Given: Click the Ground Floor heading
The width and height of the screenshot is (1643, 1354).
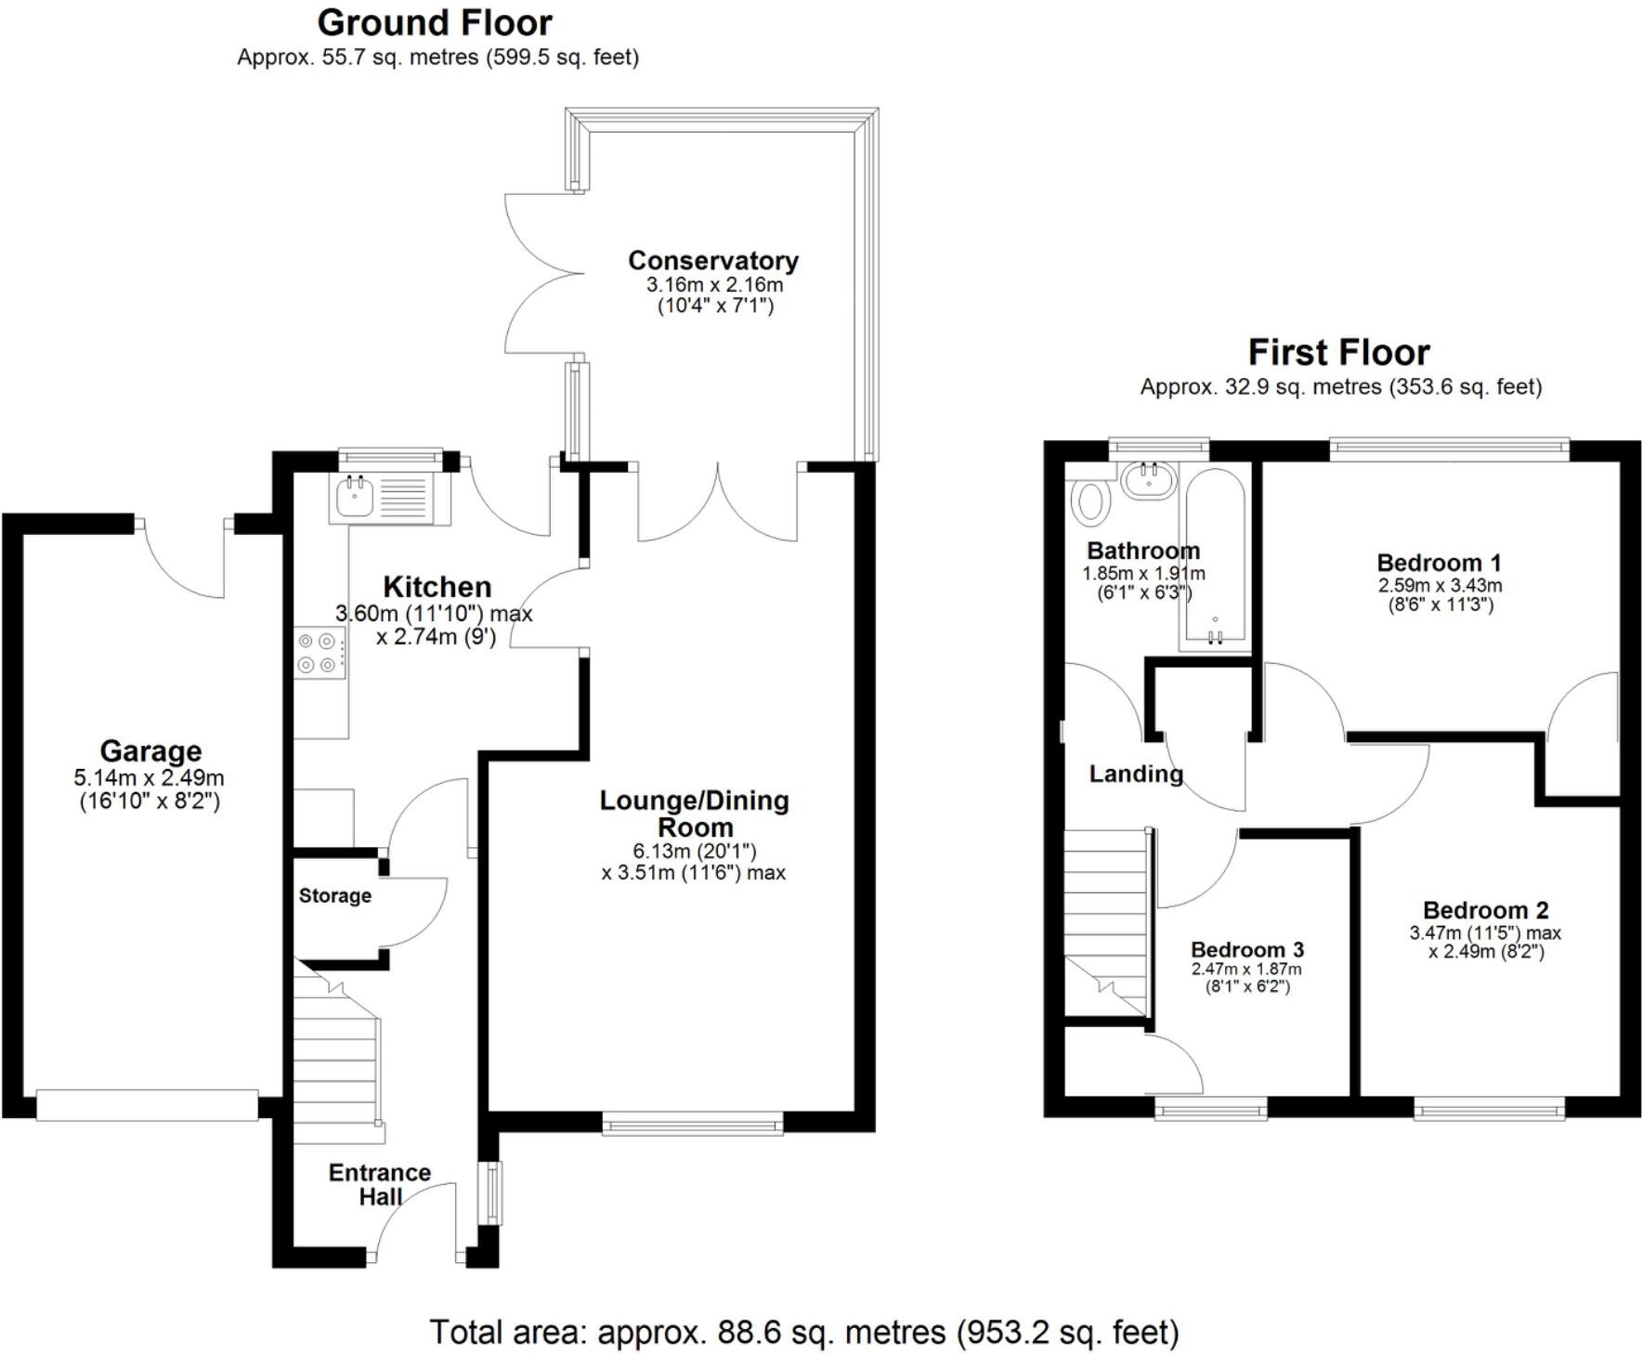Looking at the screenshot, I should [435, 22].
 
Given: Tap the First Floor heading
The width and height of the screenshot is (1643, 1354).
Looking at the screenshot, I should [1338, 353].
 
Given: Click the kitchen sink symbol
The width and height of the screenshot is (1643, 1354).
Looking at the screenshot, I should [355, 497].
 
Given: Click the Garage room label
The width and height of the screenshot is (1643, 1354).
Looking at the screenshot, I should [150, 750].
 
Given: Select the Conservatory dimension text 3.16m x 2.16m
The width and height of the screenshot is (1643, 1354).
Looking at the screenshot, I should [714, 285].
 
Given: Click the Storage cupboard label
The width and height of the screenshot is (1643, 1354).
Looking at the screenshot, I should [334, 896].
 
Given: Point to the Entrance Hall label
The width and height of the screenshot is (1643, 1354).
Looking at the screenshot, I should [380, 1184].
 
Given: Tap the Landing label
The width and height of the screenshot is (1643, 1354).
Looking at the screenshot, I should [1135, 774].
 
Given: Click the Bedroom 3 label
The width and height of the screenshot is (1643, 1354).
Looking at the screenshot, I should [1246, 949].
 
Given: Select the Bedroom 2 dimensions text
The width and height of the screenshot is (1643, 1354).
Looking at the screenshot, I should [1485, 942].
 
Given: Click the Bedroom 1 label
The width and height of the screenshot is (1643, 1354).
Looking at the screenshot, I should [1439, 562].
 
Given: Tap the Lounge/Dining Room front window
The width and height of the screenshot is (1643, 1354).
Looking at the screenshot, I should [692, 1126].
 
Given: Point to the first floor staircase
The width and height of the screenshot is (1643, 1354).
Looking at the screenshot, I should [1105, 919].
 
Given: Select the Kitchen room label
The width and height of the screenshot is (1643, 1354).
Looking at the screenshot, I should [437, 587].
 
